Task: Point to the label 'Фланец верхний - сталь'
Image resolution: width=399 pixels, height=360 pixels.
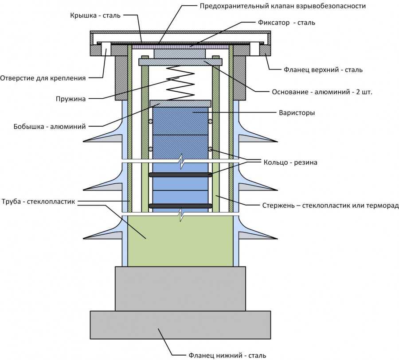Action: (323, 70)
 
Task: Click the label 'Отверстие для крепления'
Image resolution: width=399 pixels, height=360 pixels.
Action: (43, 78)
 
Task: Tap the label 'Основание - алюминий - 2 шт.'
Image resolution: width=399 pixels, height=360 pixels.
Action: (322, 93)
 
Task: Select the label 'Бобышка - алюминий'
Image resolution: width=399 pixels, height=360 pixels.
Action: (49, 126)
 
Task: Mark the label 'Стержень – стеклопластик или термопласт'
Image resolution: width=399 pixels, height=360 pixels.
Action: (329, 205)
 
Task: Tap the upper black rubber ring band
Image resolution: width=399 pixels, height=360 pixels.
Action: (180, 175)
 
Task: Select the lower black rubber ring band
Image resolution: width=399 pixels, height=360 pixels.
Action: (180, 206)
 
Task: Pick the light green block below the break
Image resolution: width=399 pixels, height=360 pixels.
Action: (180, 241)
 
